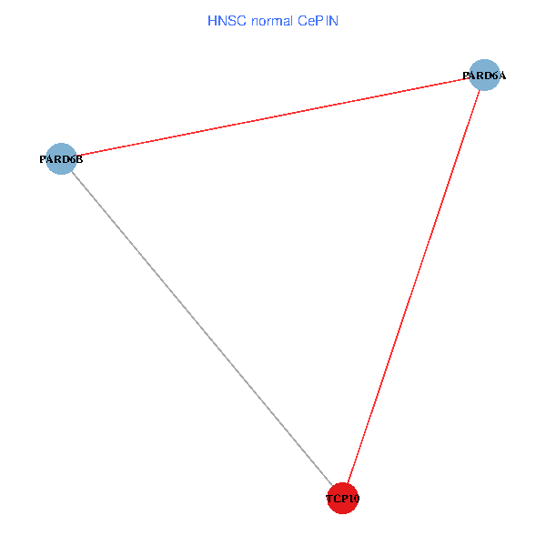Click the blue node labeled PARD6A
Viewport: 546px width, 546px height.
[x=486, y=75]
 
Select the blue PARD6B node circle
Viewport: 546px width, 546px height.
[x=61, y=159]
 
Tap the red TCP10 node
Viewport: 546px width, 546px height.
[x=342, y=498]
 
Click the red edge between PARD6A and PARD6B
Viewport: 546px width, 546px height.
[x=273, y=117]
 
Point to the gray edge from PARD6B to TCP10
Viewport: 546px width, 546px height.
[x=200, y=328]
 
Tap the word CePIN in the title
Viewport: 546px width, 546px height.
[x=318, y=21]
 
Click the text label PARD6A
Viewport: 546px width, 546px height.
[x=485, y=76]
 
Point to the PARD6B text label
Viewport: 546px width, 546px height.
[x=61, y=160]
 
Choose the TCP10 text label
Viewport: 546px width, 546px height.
[x=343, y=499]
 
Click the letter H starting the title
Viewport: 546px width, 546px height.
[x=212, y=21]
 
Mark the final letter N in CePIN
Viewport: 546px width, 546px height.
[x=335, y=21]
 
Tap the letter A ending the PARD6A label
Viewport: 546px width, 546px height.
[x=503, y=76]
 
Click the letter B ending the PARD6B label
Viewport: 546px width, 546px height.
[x=79, y=160]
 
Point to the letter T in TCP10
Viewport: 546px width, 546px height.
[x=329, y=499]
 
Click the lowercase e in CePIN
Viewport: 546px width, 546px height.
[x=310, y=21]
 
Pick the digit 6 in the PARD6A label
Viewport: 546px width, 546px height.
[x=496, y=76]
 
